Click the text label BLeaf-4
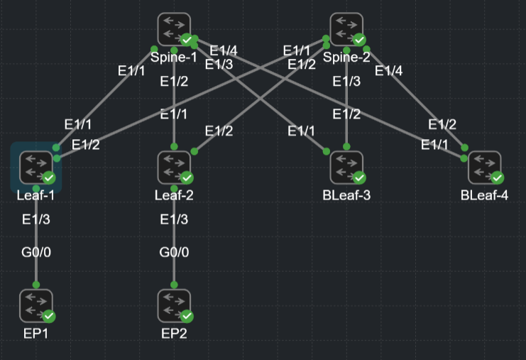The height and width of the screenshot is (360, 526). coord(484,195)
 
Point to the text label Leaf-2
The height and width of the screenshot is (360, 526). coord(174,195)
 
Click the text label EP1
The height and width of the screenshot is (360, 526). coord(35,333)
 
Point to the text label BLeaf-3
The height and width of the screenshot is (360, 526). coord(346,195)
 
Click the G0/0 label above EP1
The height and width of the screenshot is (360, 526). coord(36,252)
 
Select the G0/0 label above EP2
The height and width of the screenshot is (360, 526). coord(175,252)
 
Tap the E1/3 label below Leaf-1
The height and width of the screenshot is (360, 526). coord(36,219)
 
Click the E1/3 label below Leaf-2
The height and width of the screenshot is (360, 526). coord(175,219)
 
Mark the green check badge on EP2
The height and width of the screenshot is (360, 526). coord(187,316)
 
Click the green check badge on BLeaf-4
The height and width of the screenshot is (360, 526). coord(497,178)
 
